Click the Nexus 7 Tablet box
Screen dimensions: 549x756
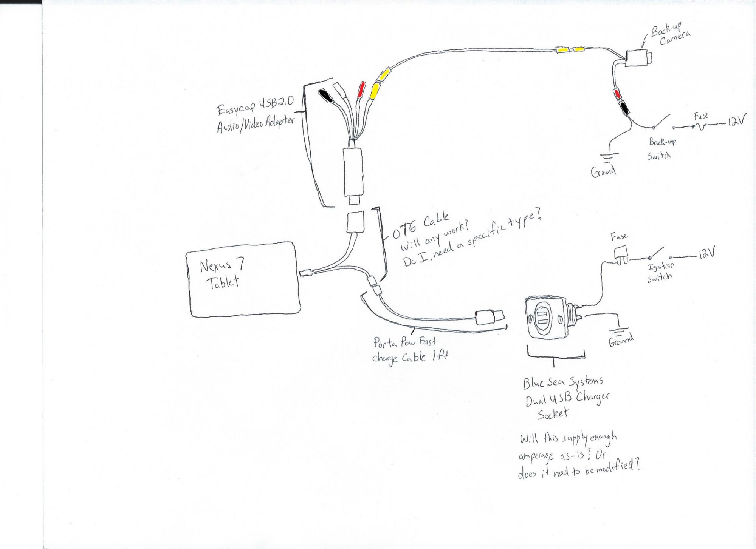(x=244, y=279)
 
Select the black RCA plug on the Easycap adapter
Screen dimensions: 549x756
(x=325, y=96)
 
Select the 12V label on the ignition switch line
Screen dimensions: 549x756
(x=706, y=254)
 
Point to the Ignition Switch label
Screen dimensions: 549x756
(x=660, y=272)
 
